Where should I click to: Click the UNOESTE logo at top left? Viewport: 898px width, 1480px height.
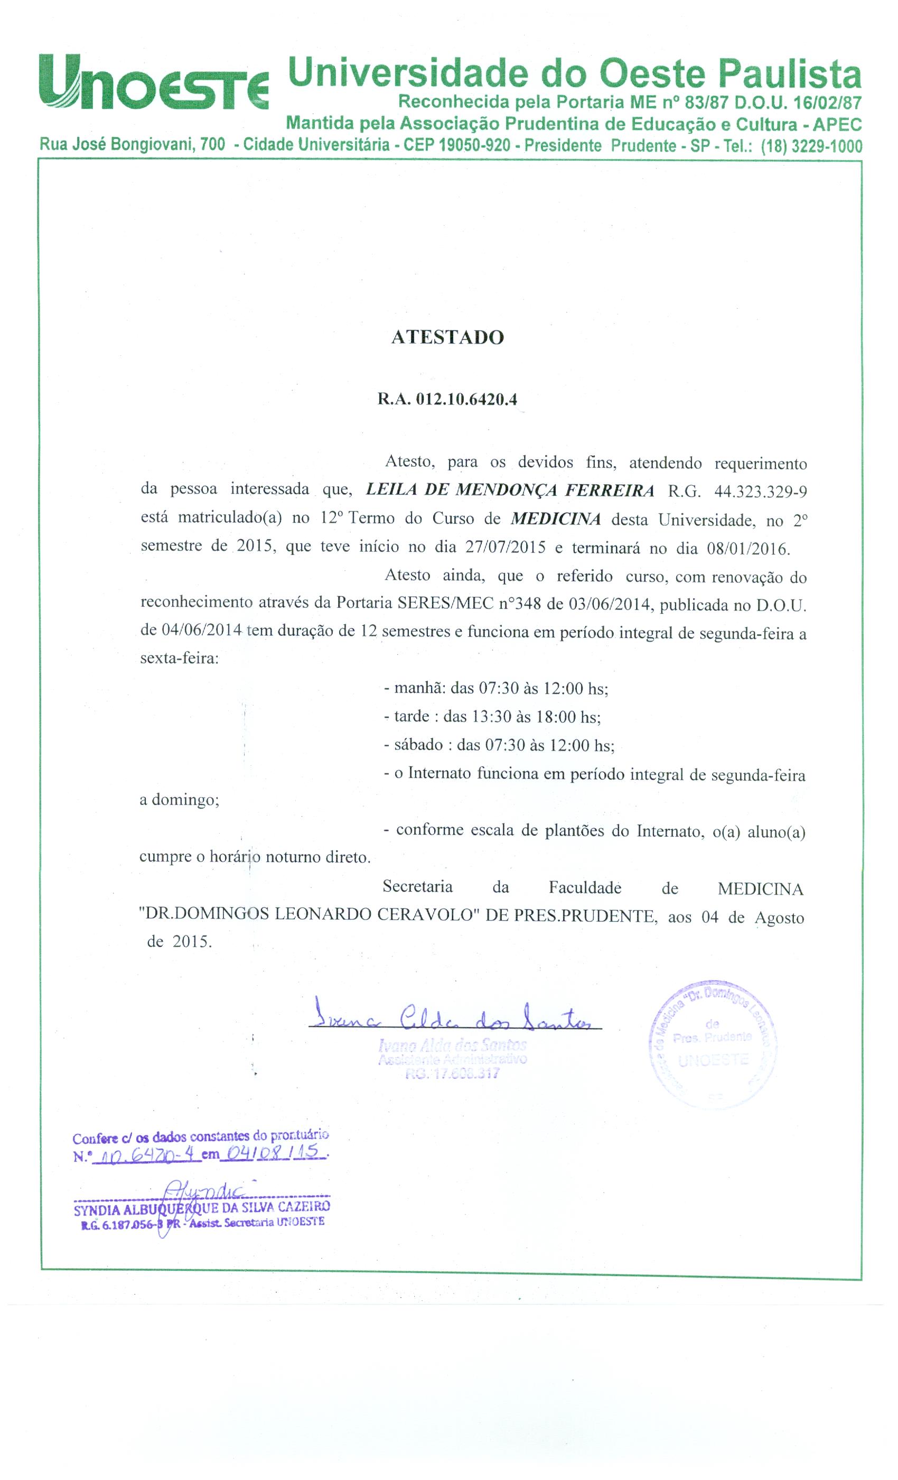click(x=154, y=82)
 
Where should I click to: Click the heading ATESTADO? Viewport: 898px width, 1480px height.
click(x=447, y=338)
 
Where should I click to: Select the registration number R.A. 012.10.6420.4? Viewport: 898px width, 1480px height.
click(x=447, y=400)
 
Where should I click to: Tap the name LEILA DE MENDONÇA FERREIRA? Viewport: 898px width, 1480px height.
click(x=510, y=490)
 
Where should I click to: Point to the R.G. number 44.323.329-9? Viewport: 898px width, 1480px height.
click(x=761, y=492)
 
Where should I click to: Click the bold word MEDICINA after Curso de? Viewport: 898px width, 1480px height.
click(x=556, y=519)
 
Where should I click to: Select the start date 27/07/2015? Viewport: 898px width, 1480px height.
click(x=505, y=547)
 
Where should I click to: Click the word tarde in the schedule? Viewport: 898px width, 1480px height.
click(x=412, y=716)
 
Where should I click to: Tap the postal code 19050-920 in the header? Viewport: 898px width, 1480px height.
click(x=465, y=145)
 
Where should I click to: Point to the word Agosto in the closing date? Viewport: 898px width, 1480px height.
click(x=779, y=918)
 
